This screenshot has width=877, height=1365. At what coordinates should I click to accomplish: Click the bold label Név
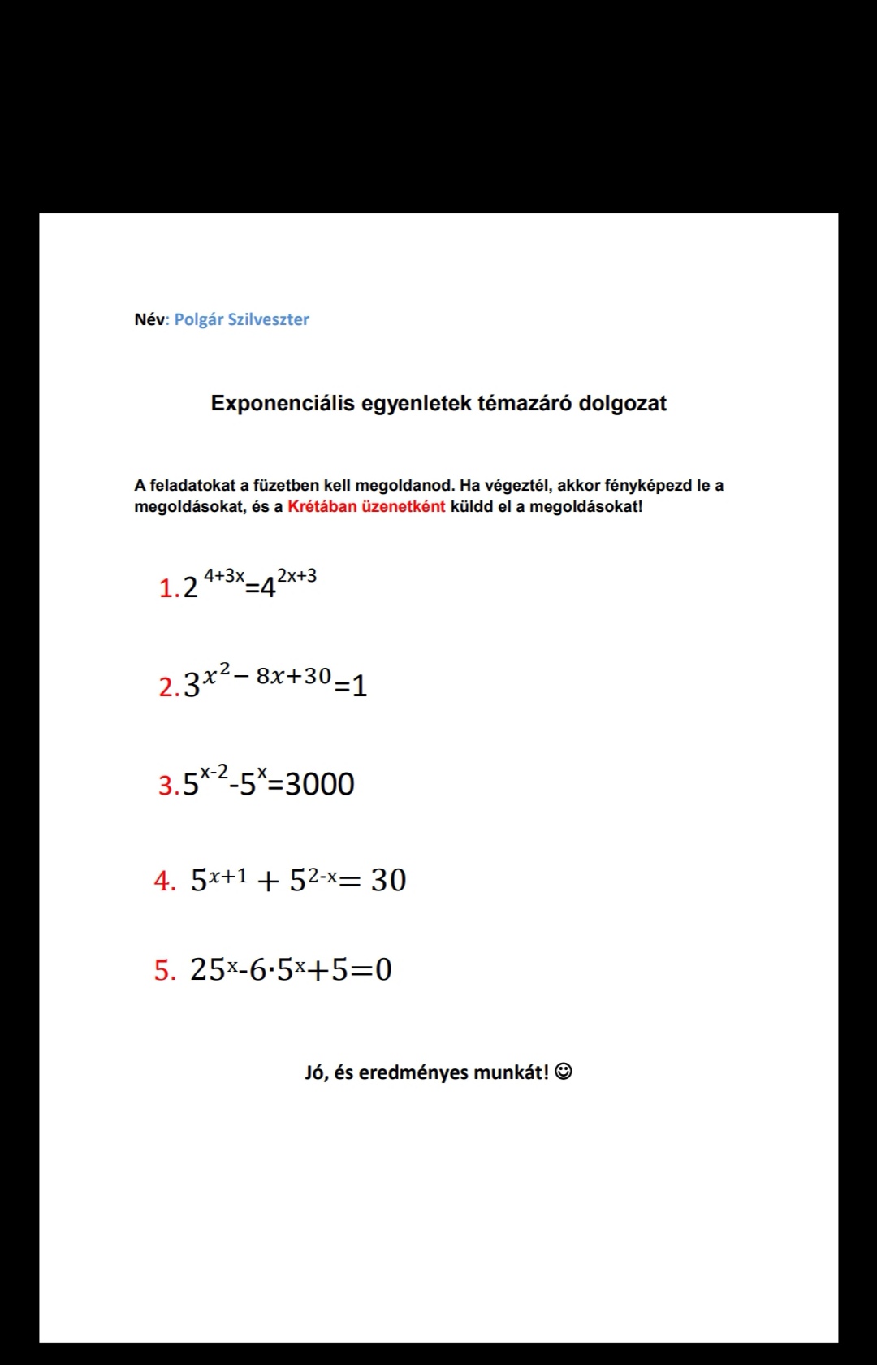pos(149,319)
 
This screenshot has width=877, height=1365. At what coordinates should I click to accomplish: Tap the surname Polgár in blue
pos(198,320)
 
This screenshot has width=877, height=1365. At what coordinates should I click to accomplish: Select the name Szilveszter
pos(268,319)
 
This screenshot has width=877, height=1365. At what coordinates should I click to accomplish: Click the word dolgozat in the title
pos(623,404)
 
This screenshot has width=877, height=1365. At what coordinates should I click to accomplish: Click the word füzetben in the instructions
pos(286,486)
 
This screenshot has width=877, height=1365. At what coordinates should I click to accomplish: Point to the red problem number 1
pos(166,588)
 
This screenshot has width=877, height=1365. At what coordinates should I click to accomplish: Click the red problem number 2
pos(166,687)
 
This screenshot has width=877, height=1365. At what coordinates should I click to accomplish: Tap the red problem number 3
pos(166,786)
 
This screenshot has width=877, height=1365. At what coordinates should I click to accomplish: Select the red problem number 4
pos(162,881)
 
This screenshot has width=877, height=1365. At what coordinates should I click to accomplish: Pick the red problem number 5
pos(162,970)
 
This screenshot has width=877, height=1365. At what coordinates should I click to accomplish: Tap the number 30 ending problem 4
pos(388,880)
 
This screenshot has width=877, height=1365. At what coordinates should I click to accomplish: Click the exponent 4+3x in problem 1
pos(223,575)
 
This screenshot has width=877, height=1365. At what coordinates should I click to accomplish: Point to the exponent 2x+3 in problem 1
pos(296,576)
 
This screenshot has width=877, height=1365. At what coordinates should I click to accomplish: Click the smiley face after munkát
pos(564,1072)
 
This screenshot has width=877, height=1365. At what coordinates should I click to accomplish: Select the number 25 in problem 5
pos(208,969)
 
